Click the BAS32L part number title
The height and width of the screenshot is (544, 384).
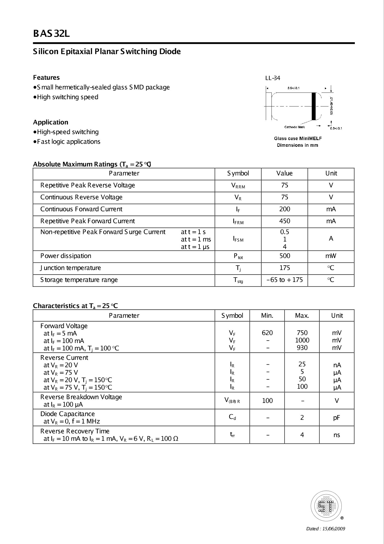pyautogui.click(x=51, y=34)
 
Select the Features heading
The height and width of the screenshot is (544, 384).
pyautogui.click(x=46, y=78)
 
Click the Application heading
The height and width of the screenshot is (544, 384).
pyautogui.click(x=51, y=122)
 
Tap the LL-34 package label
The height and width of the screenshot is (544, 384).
pyautogui.click(x=273, y=78)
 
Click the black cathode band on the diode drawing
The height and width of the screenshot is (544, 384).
pyautogui.click(x=314, y=106)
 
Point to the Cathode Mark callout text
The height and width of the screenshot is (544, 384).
pyautogui.click(x=294, y=127)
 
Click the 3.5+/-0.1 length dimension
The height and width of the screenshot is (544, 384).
pyautogui.click(x=293, y=88)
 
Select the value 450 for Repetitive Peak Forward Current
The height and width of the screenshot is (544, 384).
pyautogui.click(x=284, y=221)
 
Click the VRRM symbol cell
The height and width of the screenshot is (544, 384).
pyautogui.click(x=238, y=186)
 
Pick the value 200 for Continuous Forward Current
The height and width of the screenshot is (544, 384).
pyautogui.click(x=284, y=209)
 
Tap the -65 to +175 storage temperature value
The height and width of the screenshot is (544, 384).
pyautogui.click(x=284, y=280)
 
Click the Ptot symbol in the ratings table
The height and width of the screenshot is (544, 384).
pyautogui.click(x=238, y=256)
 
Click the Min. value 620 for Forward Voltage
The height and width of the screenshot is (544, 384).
pyautogui.click(x=267, y=333)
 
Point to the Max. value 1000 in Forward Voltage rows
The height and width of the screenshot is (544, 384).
pyautogui.click(x=302, y=340)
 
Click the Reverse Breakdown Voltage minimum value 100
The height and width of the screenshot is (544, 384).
pyautogui.click(x=267, y=401)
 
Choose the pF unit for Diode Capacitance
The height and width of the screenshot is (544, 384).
pyautogui.click(x=337, y=418)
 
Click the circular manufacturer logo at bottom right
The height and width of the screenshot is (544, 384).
pyautogui.click(x=326, y=506)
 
